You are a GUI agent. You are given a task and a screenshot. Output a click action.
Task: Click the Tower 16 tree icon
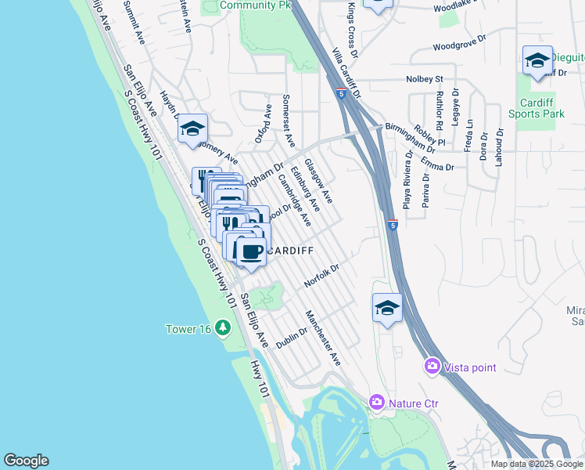pos(223,327)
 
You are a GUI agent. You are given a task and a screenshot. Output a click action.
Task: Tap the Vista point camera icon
pos(432,366)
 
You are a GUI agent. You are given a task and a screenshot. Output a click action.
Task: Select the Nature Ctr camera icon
pos(376,403)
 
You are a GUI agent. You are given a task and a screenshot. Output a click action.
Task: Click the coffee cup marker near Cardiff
pos(250,252)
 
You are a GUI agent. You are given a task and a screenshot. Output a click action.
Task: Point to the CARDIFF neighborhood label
pos(290,251)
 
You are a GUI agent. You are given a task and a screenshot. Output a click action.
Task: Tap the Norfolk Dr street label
pos(322,276)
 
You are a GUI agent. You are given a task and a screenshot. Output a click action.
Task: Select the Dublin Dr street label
pos(291,337)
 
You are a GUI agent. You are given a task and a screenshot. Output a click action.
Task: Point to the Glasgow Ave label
pos(318,181)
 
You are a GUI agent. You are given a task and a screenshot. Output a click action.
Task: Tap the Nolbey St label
pos(425,79)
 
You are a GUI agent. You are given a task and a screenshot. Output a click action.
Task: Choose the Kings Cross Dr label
pos(351,30)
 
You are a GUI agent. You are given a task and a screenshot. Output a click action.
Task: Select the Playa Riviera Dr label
pos(407,190)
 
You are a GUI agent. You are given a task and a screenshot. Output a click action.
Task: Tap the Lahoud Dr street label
pos(497,149)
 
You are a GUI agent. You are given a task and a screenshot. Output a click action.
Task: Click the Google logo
pos(26,461)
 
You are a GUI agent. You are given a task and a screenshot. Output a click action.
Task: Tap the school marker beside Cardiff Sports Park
pos(537,60)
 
